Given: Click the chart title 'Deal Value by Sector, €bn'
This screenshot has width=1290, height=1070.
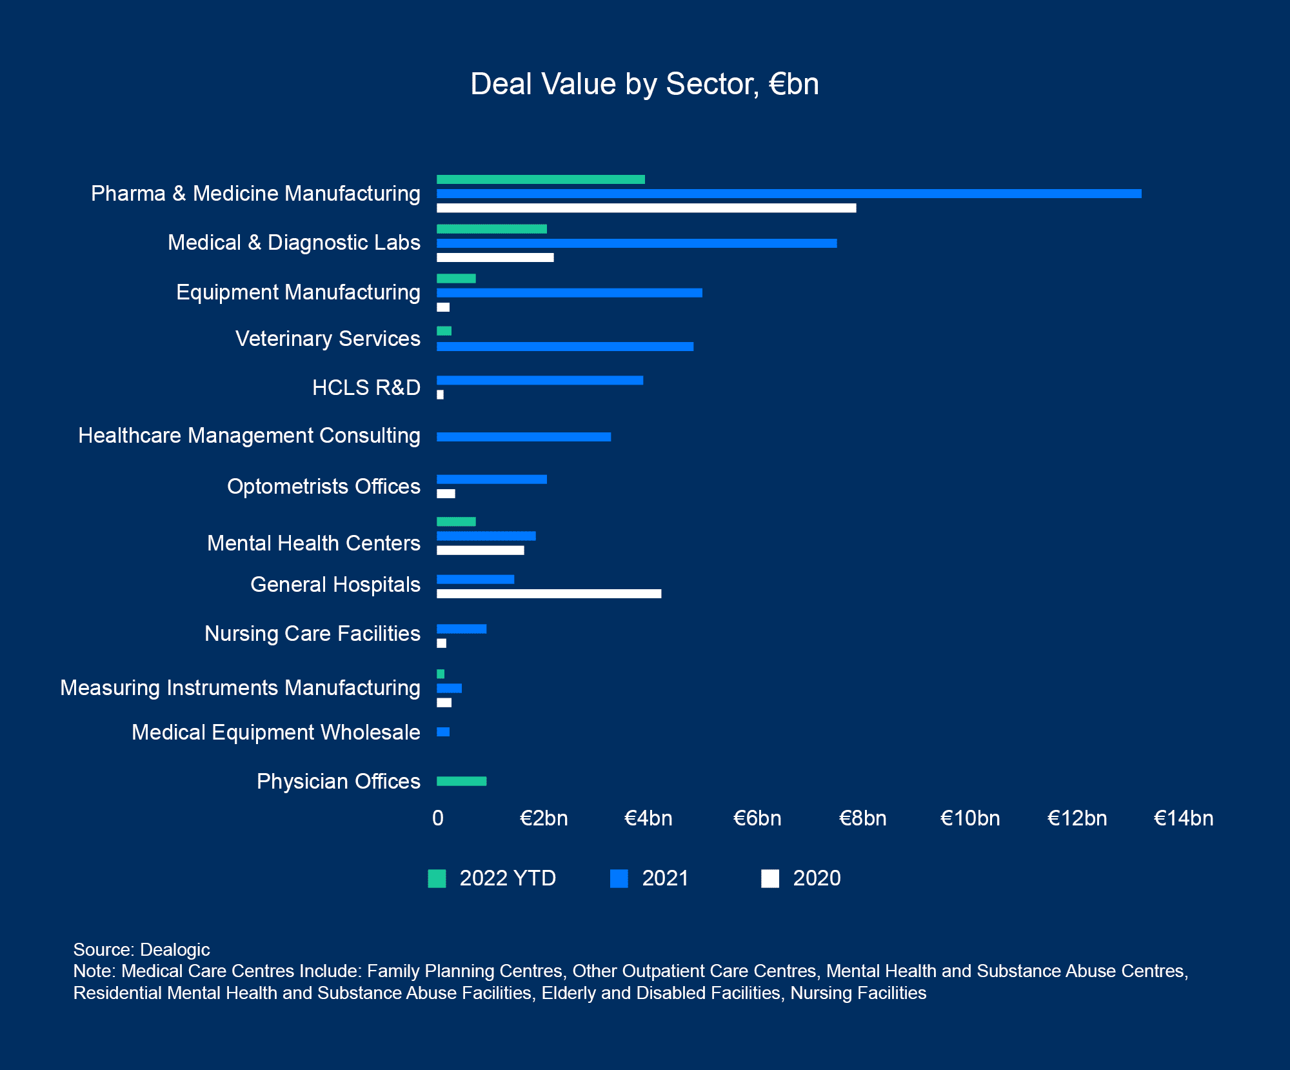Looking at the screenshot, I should pos(644,85).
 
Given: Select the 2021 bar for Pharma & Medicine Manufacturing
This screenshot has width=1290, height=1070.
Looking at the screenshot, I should pos(788,194).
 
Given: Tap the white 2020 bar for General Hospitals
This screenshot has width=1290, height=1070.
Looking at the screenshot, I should pos(549,594).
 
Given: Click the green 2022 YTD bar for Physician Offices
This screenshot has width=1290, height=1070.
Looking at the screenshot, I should pos(461,781).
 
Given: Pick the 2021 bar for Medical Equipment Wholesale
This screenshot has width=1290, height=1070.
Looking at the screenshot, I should pos(443,732).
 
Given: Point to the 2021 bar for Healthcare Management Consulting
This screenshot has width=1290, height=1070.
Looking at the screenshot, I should pos(523,437).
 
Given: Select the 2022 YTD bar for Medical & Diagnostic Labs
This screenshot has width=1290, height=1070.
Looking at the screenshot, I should pos(491,229).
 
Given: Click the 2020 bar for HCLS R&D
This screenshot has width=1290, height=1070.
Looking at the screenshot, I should pos(441,394).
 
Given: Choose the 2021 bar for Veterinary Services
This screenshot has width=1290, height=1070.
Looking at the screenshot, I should pos(564,347).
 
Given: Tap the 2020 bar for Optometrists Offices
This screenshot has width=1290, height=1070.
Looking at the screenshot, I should pos(446,494).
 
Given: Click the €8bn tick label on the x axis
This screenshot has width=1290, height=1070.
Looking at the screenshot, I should pos(862,818).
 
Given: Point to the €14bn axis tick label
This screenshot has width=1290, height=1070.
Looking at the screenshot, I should pos(1183,818).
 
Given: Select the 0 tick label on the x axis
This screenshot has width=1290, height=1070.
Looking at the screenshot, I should pos(438,818).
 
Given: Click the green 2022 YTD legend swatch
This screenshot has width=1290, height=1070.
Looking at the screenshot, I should pos(437,878).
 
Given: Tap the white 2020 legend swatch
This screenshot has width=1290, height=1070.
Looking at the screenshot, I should pos(770,878).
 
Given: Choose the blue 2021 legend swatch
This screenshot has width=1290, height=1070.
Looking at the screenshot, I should pos(619,878).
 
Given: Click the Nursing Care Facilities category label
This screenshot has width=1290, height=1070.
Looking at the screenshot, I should pos(312,634).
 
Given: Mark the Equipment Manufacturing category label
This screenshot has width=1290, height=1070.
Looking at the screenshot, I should pos(298,292).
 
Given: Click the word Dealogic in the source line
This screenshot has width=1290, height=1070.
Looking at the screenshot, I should pos(175,949).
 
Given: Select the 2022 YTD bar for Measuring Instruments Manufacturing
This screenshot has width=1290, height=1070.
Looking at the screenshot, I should pos(441,674).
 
